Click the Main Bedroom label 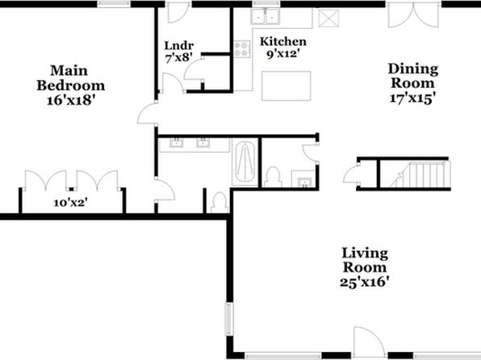coord(71,78)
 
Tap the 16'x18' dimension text coord(69,100)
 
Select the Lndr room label coord(179,46)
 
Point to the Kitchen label coord(282,41)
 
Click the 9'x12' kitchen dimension coord(282,54)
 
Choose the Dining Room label coord(413,76)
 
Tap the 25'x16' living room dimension coord(365,282)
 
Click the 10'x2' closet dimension coord(71,203)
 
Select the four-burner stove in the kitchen coord(242,49)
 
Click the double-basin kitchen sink coord(265,16)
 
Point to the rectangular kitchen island coord(287,86)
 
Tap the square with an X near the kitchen coord(328,19)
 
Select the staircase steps coord(420,174)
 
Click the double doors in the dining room coord(413,15)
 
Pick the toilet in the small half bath coord(273,177)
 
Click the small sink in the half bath coord(304,182)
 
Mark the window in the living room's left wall coord(229,319)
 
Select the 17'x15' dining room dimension coord(413,98)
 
